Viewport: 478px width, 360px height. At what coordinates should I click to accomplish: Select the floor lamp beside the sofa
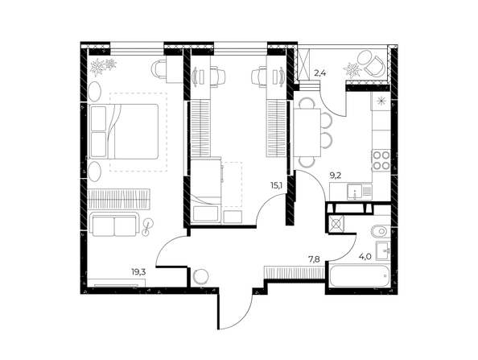pyautogui.click(x=147, y=228)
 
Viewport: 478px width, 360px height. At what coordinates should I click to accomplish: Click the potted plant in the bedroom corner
pyautogui.click(x=102, y=64)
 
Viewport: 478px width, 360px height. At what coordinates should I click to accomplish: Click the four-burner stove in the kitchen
pyautogui.click(x=381, y=159)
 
